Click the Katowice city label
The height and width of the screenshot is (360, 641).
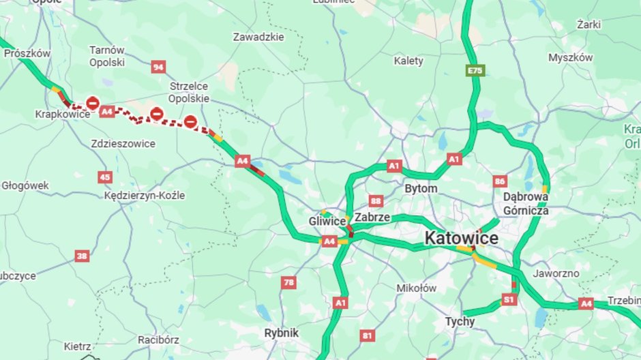pos(461,239)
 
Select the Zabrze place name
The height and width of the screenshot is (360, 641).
pos(372,217)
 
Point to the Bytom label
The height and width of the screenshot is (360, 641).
pos(421,187)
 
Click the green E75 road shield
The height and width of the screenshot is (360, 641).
pos(475,70)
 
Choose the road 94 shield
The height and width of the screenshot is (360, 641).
pos(159,67)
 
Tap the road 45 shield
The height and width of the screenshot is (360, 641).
pos(104,177)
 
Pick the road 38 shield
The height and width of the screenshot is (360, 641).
pos(82,256)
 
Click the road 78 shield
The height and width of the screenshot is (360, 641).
pos(289,282)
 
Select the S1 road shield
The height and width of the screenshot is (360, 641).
pos(509,299)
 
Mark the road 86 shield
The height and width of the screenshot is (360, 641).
pos(500,181)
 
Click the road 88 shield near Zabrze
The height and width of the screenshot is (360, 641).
pos(375,200)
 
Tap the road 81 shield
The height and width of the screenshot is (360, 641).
pos(368,335)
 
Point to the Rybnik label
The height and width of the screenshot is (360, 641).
pos(281,333)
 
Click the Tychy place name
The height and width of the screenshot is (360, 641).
pos(460,321)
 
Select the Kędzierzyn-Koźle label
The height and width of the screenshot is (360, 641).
pos(145,196)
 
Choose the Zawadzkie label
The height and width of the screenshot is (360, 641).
pos(258,37)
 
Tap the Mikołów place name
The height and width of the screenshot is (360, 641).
pos(417,288)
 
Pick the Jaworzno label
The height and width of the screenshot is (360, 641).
pos(556,273)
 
